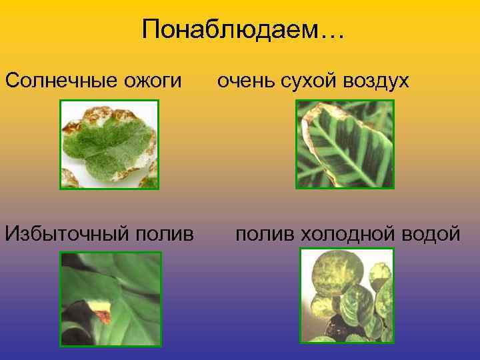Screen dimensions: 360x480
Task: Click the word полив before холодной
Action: [264, 234]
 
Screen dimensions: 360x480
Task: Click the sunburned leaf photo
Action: [109, 145]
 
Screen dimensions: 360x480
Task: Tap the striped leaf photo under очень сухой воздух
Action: [345, 144]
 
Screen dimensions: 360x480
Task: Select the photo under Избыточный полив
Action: [111, 298]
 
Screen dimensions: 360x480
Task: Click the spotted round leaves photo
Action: [347, 295]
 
